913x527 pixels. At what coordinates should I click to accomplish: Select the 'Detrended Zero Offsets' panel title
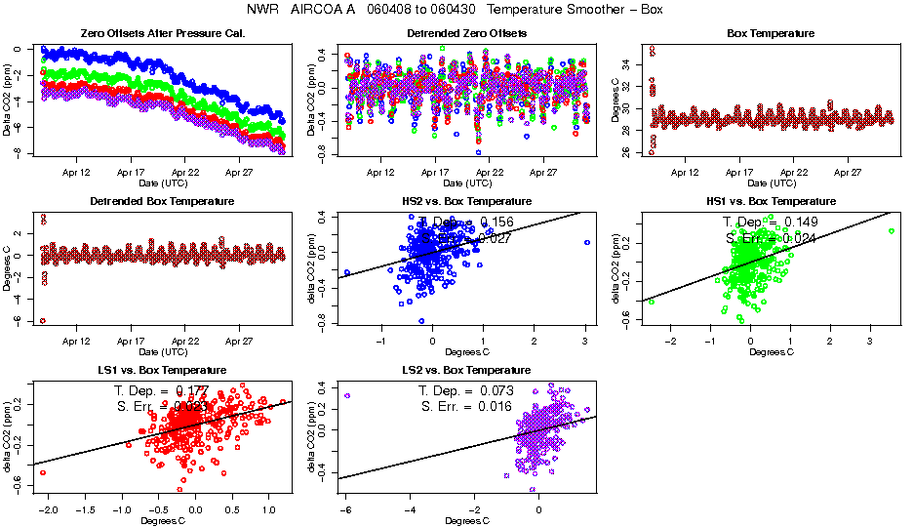[x=466, y=33]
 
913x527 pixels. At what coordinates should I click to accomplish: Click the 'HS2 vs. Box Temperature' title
[x=466, y=202]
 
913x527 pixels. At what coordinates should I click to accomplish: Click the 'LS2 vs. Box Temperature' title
[x=466, y=371]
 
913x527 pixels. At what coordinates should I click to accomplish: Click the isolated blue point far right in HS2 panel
[x=587, y=242]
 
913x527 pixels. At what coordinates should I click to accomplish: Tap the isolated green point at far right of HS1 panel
[x=892, y=230]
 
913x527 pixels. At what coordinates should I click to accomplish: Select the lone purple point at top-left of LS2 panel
[x=347, y=395]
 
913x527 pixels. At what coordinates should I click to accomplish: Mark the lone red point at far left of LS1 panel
[x=42, y=472]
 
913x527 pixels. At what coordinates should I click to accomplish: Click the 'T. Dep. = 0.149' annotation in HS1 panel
[x=770, y=223]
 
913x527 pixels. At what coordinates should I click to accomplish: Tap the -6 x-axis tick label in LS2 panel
[x=345, y=509]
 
